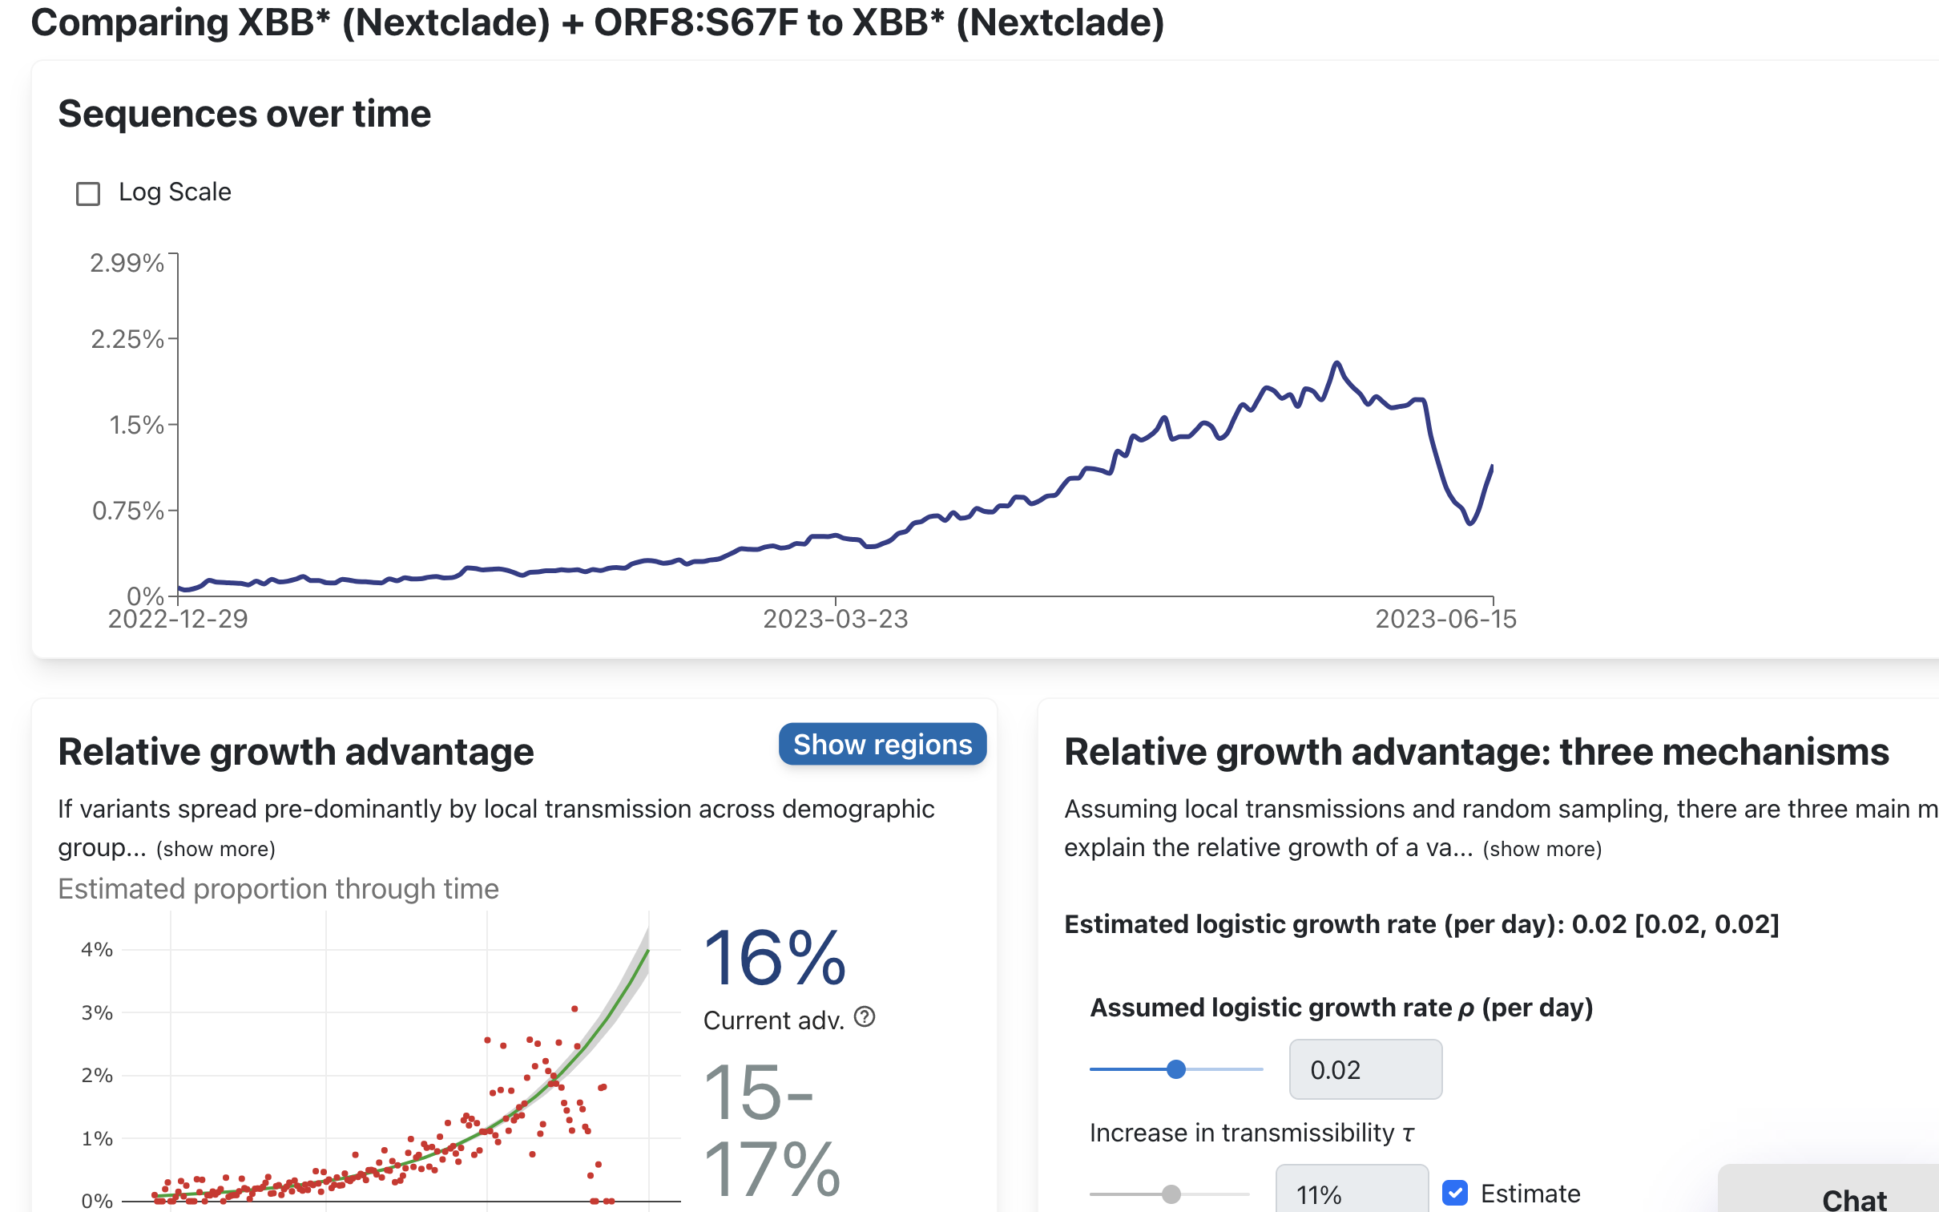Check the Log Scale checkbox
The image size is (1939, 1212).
[x=88, y=194]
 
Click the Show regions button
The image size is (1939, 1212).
[x=882, y=745]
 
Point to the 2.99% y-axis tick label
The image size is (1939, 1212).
[x=127, y=263]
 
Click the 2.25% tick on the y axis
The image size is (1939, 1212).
[x=127, y=339]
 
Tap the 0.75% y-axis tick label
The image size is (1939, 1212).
[x=127, y=511]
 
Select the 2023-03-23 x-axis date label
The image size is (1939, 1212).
[x=835, y=620]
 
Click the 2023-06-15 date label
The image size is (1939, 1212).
[x=1445, y=620]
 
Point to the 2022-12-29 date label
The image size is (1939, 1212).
[x=178, y=620]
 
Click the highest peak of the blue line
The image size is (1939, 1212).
[x=1336, y=363]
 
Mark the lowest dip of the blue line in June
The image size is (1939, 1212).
[x=1470, y=523]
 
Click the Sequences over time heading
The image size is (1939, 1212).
[x=244, y=114]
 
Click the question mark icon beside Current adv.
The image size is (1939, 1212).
[x=865, y=1017]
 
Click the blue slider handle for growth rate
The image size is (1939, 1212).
[x=1175, y=1069]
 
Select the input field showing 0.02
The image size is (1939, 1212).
[x=1365, y=1069]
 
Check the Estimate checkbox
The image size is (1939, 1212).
[x=1455, y=1193]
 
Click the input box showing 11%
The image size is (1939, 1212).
[x=1351, y=1193]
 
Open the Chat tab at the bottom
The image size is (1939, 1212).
[x=1853, y=1198]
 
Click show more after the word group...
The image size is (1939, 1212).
[x=216, y=849]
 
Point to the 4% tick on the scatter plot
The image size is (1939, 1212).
[x=97, y=950]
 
